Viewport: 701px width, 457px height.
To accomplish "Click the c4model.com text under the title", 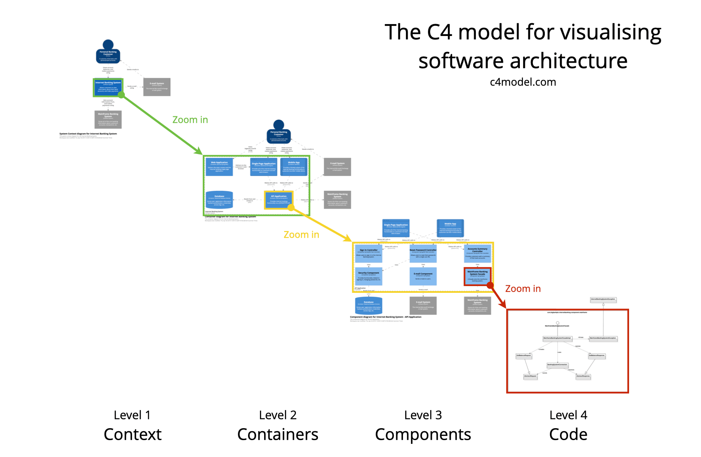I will (523, 82).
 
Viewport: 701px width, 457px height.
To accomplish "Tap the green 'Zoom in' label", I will (190, 120).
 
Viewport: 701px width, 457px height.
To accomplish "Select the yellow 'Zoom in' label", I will (301, 234).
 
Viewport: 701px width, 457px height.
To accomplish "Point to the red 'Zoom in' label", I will (523, 289).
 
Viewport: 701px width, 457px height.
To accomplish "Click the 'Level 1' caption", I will (132, 415).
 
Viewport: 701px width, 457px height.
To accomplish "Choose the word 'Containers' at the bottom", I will (278, 435).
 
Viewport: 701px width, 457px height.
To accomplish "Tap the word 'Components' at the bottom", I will (423, 435).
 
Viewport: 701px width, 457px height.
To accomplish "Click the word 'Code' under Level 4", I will (568, 435).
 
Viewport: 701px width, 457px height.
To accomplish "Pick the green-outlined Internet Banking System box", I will (108, 87).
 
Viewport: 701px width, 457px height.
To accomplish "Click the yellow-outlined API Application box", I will (279, 199).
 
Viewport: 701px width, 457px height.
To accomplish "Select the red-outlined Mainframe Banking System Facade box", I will (477, 276).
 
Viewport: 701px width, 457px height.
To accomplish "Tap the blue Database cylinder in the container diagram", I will (219, 200).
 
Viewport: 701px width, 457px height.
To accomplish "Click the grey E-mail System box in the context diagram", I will (157, 87).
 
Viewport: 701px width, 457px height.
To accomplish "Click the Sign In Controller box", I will (368, 253).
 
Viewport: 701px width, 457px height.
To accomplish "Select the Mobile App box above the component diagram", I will (450, 228).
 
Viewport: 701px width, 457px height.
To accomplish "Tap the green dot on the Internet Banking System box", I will (121, 95).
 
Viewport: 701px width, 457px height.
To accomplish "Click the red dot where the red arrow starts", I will (490, 285).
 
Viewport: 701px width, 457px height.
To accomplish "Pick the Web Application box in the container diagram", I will (219, 166).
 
